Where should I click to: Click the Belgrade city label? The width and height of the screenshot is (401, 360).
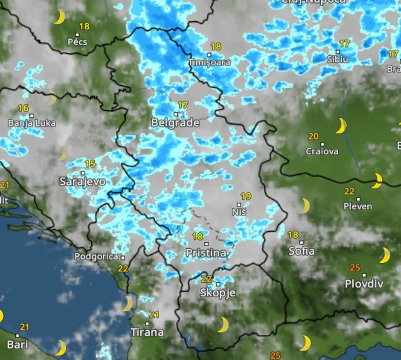175,123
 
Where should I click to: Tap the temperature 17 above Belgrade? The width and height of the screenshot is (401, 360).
183,105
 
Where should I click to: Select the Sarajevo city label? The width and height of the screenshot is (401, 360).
82,182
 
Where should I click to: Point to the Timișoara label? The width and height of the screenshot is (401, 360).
209,62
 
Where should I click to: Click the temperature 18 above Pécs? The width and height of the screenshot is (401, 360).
84,26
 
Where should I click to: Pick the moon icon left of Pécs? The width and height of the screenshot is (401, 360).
59,17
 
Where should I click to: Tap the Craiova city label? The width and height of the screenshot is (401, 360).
322,151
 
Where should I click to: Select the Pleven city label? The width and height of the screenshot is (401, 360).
358,206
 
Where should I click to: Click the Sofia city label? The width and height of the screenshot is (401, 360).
301,251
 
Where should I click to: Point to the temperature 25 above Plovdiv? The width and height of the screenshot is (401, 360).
355,268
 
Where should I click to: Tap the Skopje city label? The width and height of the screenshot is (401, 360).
218,293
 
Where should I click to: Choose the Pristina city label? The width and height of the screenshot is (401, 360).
206,253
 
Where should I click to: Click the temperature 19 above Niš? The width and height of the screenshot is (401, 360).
246,197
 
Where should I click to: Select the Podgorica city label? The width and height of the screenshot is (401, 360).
96,257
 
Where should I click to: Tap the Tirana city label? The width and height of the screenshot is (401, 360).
147,332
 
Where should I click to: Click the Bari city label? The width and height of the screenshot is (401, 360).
17,344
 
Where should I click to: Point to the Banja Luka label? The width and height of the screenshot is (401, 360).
32,123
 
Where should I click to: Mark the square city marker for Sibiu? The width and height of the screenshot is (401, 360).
337,52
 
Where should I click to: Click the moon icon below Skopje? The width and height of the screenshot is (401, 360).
223,325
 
